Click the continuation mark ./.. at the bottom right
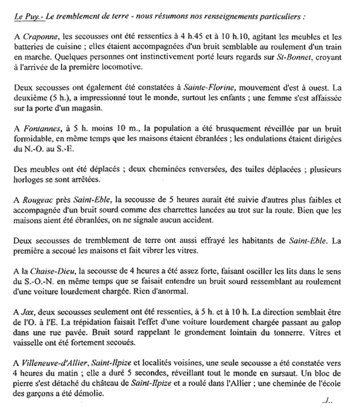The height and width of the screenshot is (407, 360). (328, 399)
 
